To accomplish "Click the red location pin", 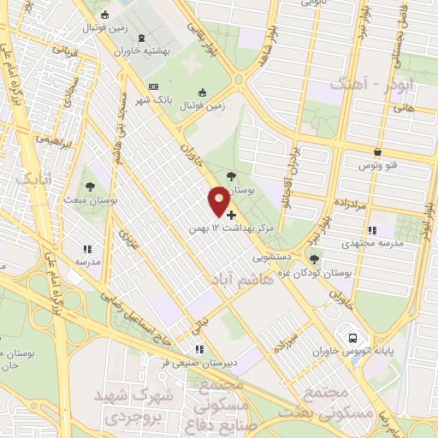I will click(219, 200).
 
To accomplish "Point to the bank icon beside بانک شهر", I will click(154, 86).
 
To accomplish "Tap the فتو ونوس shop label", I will click(377, 165).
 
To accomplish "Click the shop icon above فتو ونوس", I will click(377, 152).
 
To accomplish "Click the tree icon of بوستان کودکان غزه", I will click(316, 258).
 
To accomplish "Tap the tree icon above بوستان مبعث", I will click(89, 186).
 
